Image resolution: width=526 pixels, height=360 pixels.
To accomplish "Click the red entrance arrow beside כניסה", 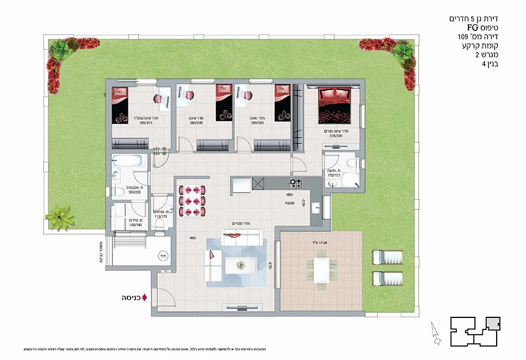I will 145,297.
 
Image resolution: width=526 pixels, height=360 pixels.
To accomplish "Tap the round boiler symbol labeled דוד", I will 163,256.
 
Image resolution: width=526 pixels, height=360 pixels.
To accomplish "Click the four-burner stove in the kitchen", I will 296,184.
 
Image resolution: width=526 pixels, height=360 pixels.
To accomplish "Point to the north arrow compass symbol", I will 435,335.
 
